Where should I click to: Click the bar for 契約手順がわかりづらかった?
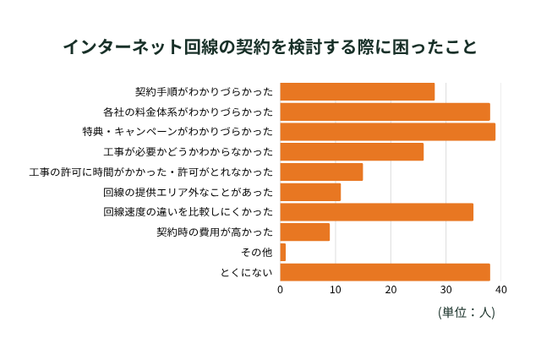(357, 91)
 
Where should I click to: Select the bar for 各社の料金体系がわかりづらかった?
(385, 112)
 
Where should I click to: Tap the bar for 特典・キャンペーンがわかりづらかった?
(387, 132)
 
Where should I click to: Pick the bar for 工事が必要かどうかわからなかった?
(352, 152)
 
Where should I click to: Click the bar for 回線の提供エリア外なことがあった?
(310, 192)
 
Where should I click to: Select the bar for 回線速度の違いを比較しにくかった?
(376, 212)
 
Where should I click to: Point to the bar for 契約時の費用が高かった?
(304, 232)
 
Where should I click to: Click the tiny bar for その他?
(282, 252)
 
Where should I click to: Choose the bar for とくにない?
(385, 272)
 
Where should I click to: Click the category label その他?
(257, 252)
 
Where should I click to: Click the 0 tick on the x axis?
(280, 290)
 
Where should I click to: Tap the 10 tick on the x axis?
(335, 290)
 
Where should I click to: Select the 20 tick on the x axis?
(391, 290)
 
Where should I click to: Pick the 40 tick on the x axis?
(500, 290)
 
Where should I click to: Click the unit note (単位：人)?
(467, 312)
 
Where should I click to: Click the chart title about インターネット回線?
(270, 46)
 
